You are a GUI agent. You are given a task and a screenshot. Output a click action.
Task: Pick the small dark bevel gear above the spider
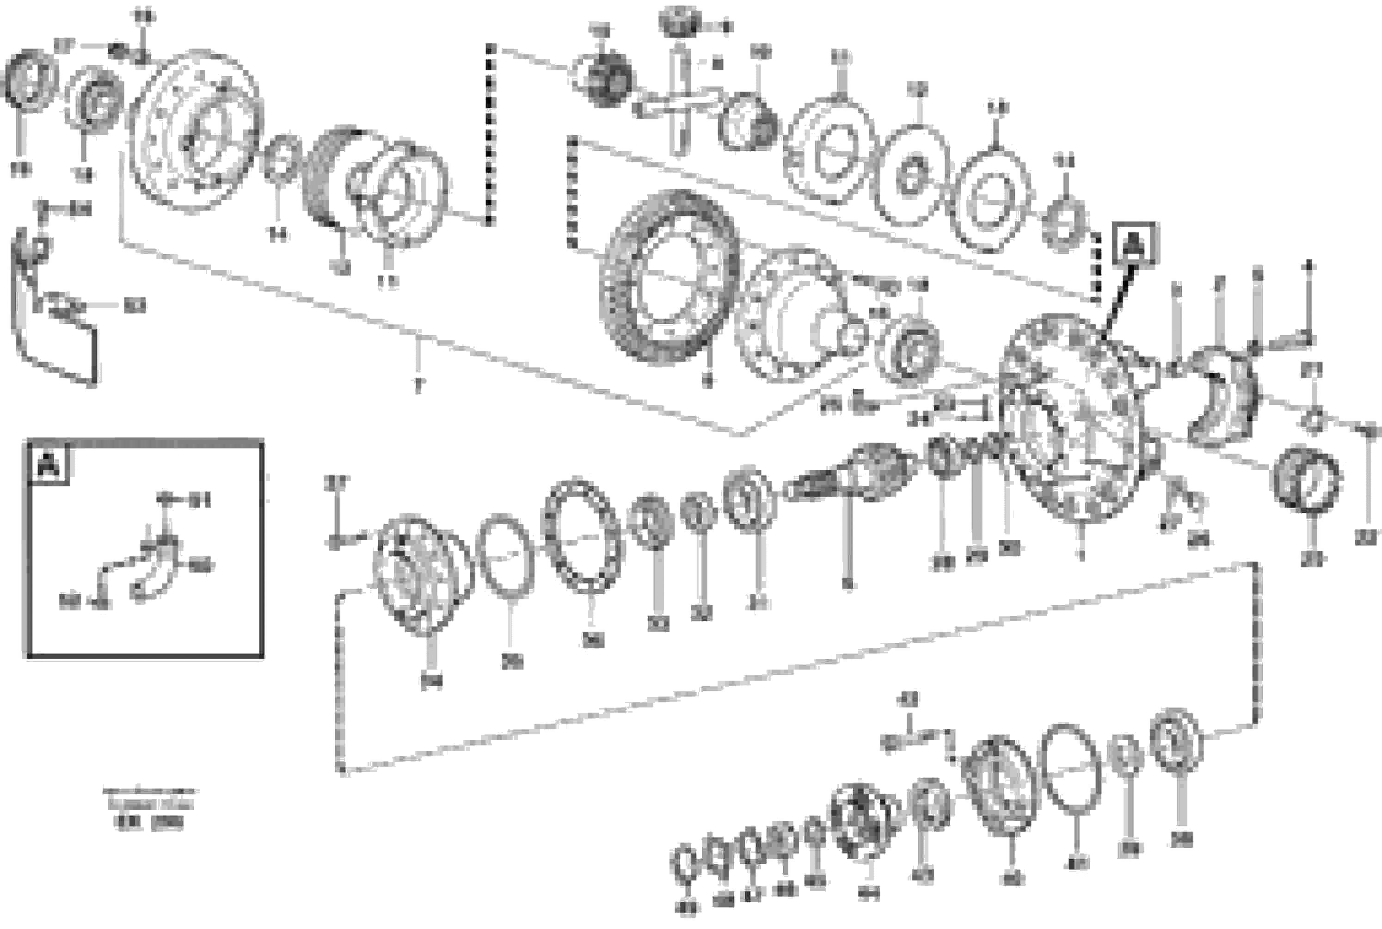point(680,24)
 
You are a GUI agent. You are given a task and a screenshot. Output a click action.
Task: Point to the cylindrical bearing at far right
point(1308,480)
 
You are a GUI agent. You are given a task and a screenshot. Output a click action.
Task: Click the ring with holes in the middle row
point(582,536)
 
